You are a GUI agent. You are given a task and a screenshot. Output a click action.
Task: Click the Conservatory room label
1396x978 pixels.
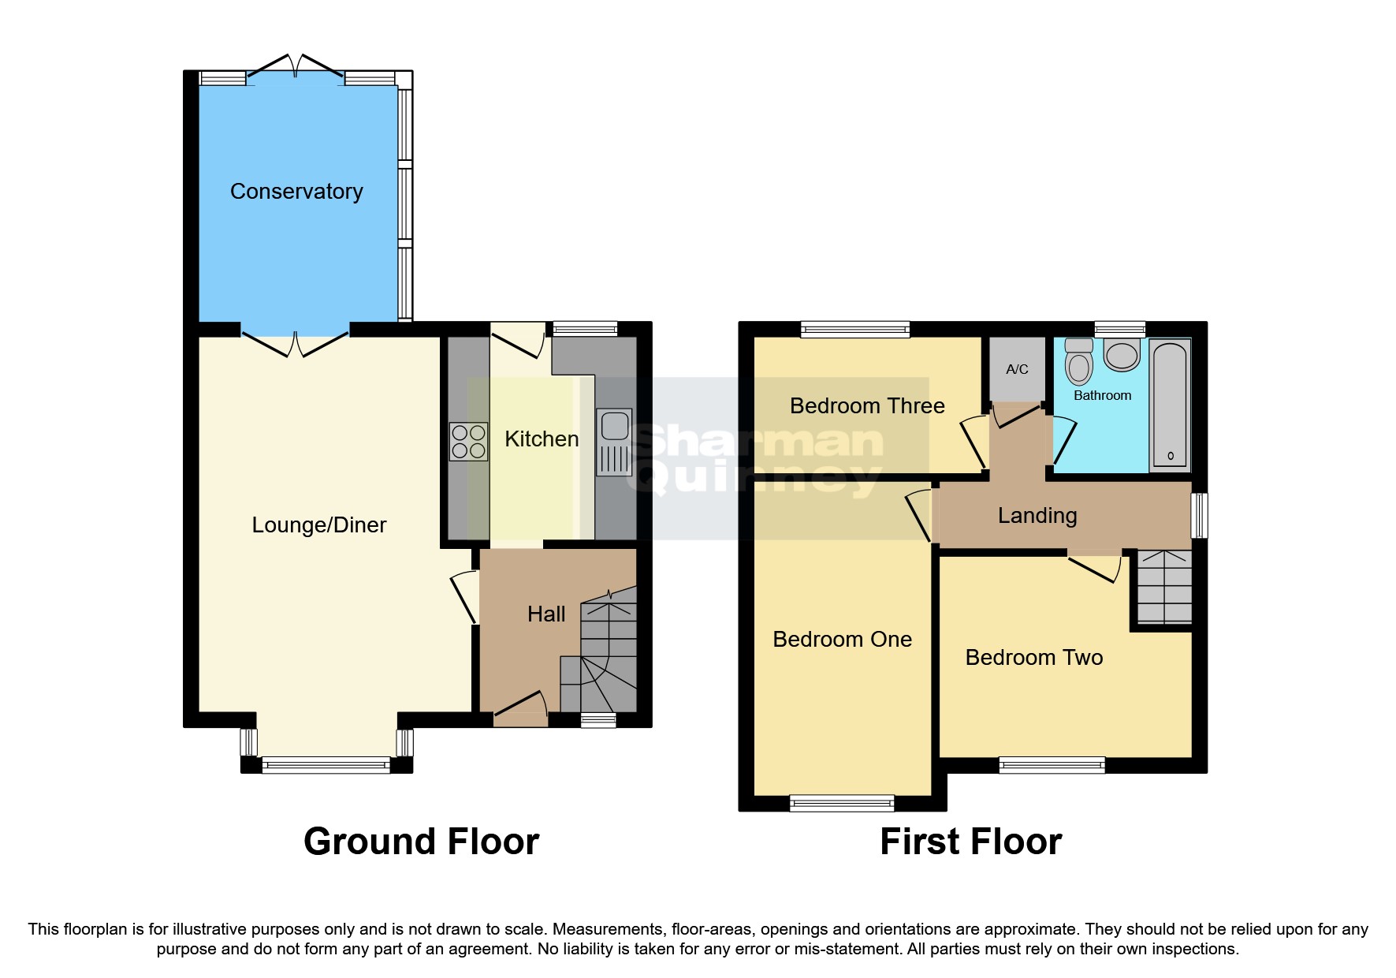pyautogui.click(x=296, y=192)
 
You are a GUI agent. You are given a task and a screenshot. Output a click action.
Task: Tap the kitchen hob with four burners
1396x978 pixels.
pyautogui.click(x=468, y=442)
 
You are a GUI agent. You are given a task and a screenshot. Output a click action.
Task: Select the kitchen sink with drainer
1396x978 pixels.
pyautogui.click(x=614, y=442)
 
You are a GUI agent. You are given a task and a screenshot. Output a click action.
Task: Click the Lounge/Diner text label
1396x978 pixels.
pyautogui.click(x=318, y=525)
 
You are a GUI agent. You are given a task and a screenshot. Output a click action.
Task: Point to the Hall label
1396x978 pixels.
pyautogui.click(x=546, y=614)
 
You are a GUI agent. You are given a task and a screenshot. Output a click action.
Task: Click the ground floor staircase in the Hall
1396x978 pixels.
pyautogui.click(x=608, y=655)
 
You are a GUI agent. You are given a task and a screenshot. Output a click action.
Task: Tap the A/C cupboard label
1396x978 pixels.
pyautogui.click(x=1017, y=369)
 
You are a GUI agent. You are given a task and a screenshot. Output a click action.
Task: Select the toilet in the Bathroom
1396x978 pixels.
pyautogui.click(x=1078, y=362)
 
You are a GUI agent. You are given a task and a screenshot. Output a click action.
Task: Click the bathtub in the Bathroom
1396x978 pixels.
pyautogui.click(x=1170, y=405)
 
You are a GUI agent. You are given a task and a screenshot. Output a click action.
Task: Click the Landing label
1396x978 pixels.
pyautogui.click(x=1037, y=516)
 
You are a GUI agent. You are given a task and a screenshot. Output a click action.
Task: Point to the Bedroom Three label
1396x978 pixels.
pyautogui.click(x=867, y=406)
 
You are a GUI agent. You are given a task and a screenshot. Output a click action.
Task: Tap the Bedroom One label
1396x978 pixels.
pyautogui.click(x=842, y=640)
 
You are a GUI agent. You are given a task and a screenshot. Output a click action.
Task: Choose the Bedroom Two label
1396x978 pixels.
pyautogui.click(x=1033, y=658)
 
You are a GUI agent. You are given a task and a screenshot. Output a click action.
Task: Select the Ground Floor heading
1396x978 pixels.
pyautogui.click(x=421, y=842)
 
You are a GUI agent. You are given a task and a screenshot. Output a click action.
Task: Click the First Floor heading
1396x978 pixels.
pyautogui.click(x=970, y=842)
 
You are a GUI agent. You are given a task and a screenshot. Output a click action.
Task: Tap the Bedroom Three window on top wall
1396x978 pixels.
pyautogui.click(x=855, y=330)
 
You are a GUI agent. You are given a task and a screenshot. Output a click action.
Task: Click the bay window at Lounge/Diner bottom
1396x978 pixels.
pyautogui.click(x=326, y=763)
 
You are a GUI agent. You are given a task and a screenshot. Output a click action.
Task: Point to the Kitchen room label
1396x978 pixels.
pyautogui.click(x=542, y=439)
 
